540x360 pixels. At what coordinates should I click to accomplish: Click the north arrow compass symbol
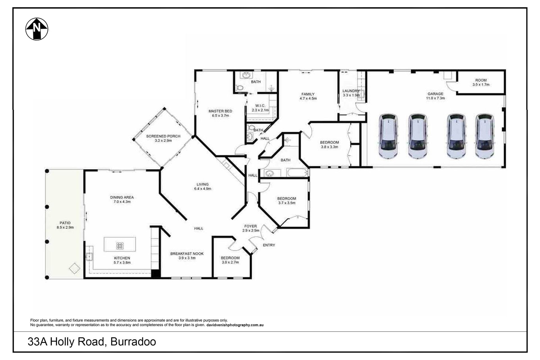pos(37,29)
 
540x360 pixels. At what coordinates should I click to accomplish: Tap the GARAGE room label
pos(435,94)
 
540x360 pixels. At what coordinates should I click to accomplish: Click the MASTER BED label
pos(220,111)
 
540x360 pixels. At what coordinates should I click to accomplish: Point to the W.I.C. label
pos(260,106)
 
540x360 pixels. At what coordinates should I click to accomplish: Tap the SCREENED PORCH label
pos(163,136)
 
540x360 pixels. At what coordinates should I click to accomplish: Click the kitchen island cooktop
pos(120,246)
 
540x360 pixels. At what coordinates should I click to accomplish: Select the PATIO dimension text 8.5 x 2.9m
pos(65,227)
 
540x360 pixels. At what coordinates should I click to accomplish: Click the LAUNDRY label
pos(351,91)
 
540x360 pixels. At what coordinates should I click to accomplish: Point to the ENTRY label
pos(269,245)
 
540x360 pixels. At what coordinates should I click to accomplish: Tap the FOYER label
pos(250,226)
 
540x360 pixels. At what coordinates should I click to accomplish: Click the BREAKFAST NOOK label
pos(187,253)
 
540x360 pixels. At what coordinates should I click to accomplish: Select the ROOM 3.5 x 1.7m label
pos(481,82)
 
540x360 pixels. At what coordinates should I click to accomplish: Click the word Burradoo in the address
pos(133,342)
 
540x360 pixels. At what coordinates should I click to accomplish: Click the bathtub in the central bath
pos(297,172)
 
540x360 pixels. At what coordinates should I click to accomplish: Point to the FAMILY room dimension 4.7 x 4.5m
pos(308,98)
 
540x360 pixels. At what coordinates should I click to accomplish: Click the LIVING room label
pos(202,184)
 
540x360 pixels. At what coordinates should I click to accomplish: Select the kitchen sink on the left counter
pos(89,256)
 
